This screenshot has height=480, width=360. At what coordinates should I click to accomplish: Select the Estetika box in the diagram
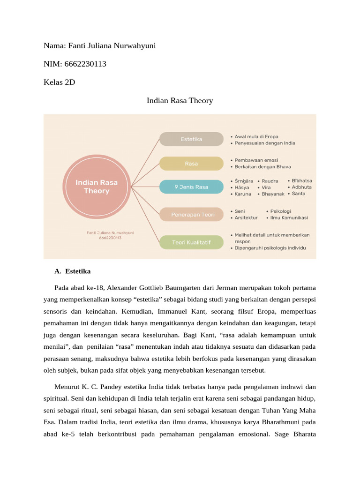point(191,139)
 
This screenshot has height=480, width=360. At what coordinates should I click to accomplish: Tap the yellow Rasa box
point(191,164)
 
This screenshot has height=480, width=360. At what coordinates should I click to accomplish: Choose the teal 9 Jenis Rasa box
point(191,187)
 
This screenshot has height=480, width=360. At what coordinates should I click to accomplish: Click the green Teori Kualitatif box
point(191,242)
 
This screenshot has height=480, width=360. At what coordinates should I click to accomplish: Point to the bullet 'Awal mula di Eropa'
point(259,136)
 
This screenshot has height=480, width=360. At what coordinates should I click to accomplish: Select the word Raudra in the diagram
point(270,181)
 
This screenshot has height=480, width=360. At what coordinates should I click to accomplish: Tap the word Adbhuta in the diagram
point(301,187)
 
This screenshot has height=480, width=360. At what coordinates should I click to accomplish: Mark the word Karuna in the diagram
point(243,194)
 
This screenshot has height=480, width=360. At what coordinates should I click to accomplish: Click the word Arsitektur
point(246,217)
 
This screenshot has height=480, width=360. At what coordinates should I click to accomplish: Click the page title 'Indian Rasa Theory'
point(180,101)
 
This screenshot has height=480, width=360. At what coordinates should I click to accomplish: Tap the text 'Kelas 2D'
point(59,82)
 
